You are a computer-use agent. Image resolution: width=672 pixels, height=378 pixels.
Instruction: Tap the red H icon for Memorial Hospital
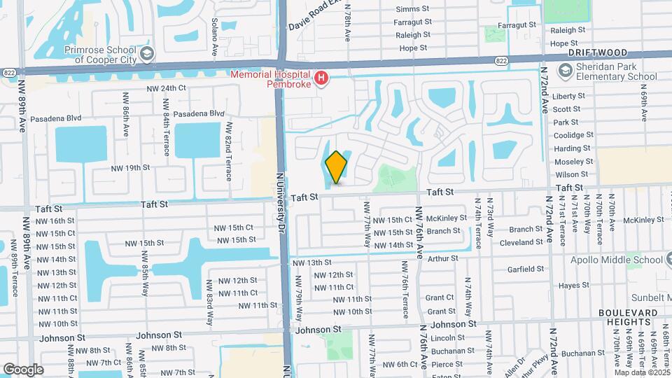[x=321, y=78]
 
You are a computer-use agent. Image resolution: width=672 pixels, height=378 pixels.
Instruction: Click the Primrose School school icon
[x=147, y=53]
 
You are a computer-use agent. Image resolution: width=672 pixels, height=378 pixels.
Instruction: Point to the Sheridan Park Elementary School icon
[x=565, y=70]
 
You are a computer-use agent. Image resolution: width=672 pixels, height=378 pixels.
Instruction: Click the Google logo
[x=22, y=369]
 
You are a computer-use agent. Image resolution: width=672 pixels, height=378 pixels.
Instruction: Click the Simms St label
[x=412, y=9]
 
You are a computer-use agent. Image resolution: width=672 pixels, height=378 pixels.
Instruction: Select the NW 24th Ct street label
[x=166, y=88]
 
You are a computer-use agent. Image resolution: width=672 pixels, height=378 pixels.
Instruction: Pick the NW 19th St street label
[x=130, y=168]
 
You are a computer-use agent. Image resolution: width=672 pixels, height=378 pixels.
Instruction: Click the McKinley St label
[x=447, y=218]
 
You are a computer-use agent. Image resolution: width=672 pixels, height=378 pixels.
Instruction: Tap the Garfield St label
[x=526, y=269]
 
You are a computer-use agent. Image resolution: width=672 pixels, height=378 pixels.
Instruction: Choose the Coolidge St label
[x=573, y=135]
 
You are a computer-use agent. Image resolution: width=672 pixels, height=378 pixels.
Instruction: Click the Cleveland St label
[x=521, y=244]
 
